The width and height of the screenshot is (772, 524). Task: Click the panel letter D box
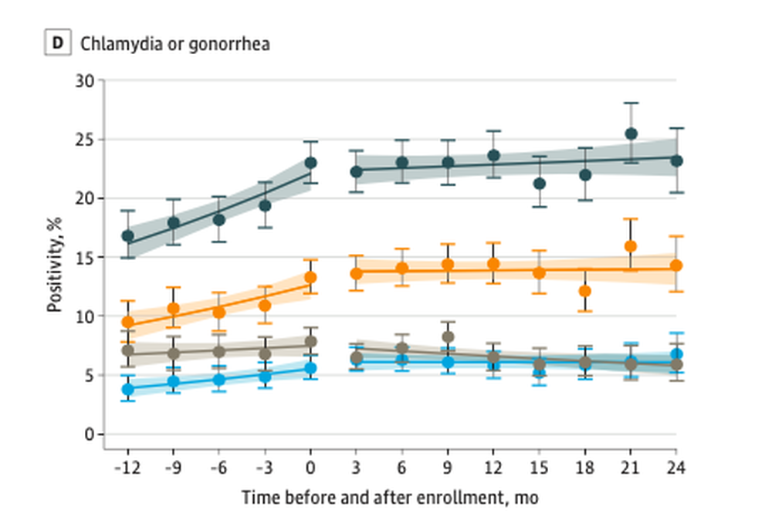56,44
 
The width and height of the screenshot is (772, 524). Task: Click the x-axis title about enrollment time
390,498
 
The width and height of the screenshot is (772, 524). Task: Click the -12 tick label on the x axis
127,468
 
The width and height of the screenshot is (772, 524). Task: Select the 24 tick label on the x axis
676,468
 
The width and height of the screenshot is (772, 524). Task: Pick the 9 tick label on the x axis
448,468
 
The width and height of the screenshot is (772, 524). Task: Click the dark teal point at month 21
631,134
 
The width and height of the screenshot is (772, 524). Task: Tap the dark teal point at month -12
128,236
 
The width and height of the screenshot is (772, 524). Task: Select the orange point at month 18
585,291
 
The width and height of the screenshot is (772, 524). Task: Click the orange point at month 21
631,246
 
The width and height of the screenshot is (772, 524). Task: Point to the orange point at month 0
310,277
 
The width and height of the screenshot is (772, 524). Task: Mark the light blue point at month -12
128,389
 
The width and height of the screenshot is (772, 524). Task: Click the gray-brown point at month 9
448,336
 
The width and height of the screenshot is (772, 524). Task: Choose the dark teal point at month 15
540,184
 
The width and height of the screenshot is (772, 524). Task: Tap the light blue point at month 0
310,368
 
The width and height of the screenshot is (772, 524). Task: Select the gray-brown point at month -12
128,350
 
